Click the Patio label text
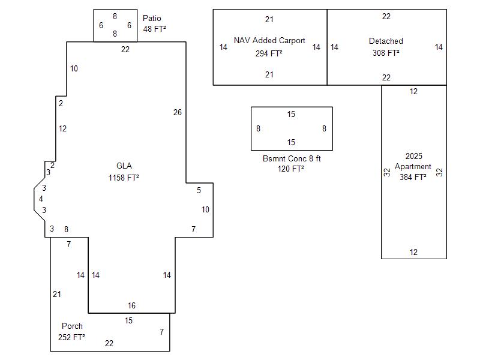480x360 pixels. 152,19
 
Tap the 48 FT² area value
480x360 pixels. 154,29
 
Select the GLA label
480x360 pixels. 124,166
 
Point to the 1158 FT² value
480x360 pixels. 124,178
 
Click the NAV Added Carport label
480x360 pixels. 269,41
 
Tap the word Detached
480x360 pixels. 386,41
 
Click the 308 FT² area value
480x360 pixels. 386,53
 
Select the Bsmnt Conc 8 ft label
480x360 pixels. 292,159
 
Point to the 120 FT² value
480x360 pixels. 290,169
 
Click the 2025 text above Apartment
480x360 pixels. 413,157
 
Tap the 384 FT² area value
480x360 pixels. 413,177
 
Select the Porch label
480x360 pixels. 72,326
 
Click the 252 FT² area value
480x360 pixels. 71,337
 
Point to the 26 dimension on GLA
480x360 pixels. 178,113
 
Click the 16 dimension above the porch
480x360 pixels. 131,306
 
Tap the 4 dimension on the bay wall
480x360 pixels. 41,199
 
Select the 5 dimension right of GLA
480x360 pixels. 199,191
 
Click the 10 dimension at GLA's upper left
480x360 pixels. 74,69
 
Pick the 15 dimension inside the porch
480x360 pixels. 128,321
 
